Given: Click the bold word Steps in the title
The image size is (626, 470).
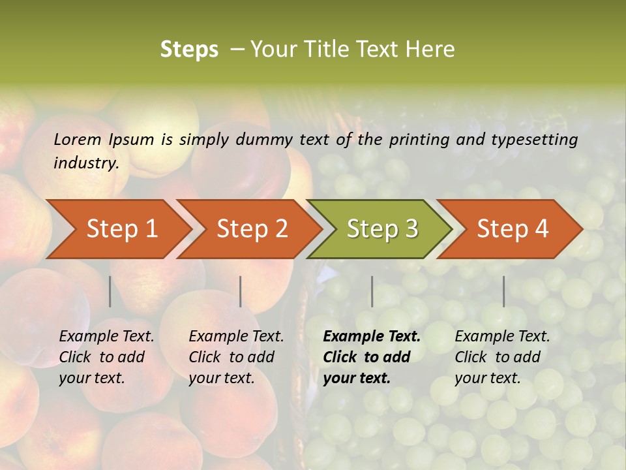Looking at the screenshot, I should [189, 50].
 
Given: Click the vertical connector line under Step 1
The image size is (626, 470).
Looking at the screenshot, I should [110, 291].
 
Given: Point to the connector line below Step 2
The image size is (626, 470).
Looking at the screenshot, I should [241, 291].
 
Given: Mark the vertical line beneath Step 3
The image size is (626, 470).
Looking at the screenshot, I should [372, 291].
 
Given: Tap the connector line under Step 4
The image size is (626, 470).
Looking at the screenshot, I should [503, 291].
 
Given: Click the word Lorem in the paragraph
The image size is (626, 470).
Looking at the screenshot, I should [78, 139].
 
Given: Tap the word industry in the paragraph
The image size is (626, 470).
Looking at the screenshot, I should [86, 163].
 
